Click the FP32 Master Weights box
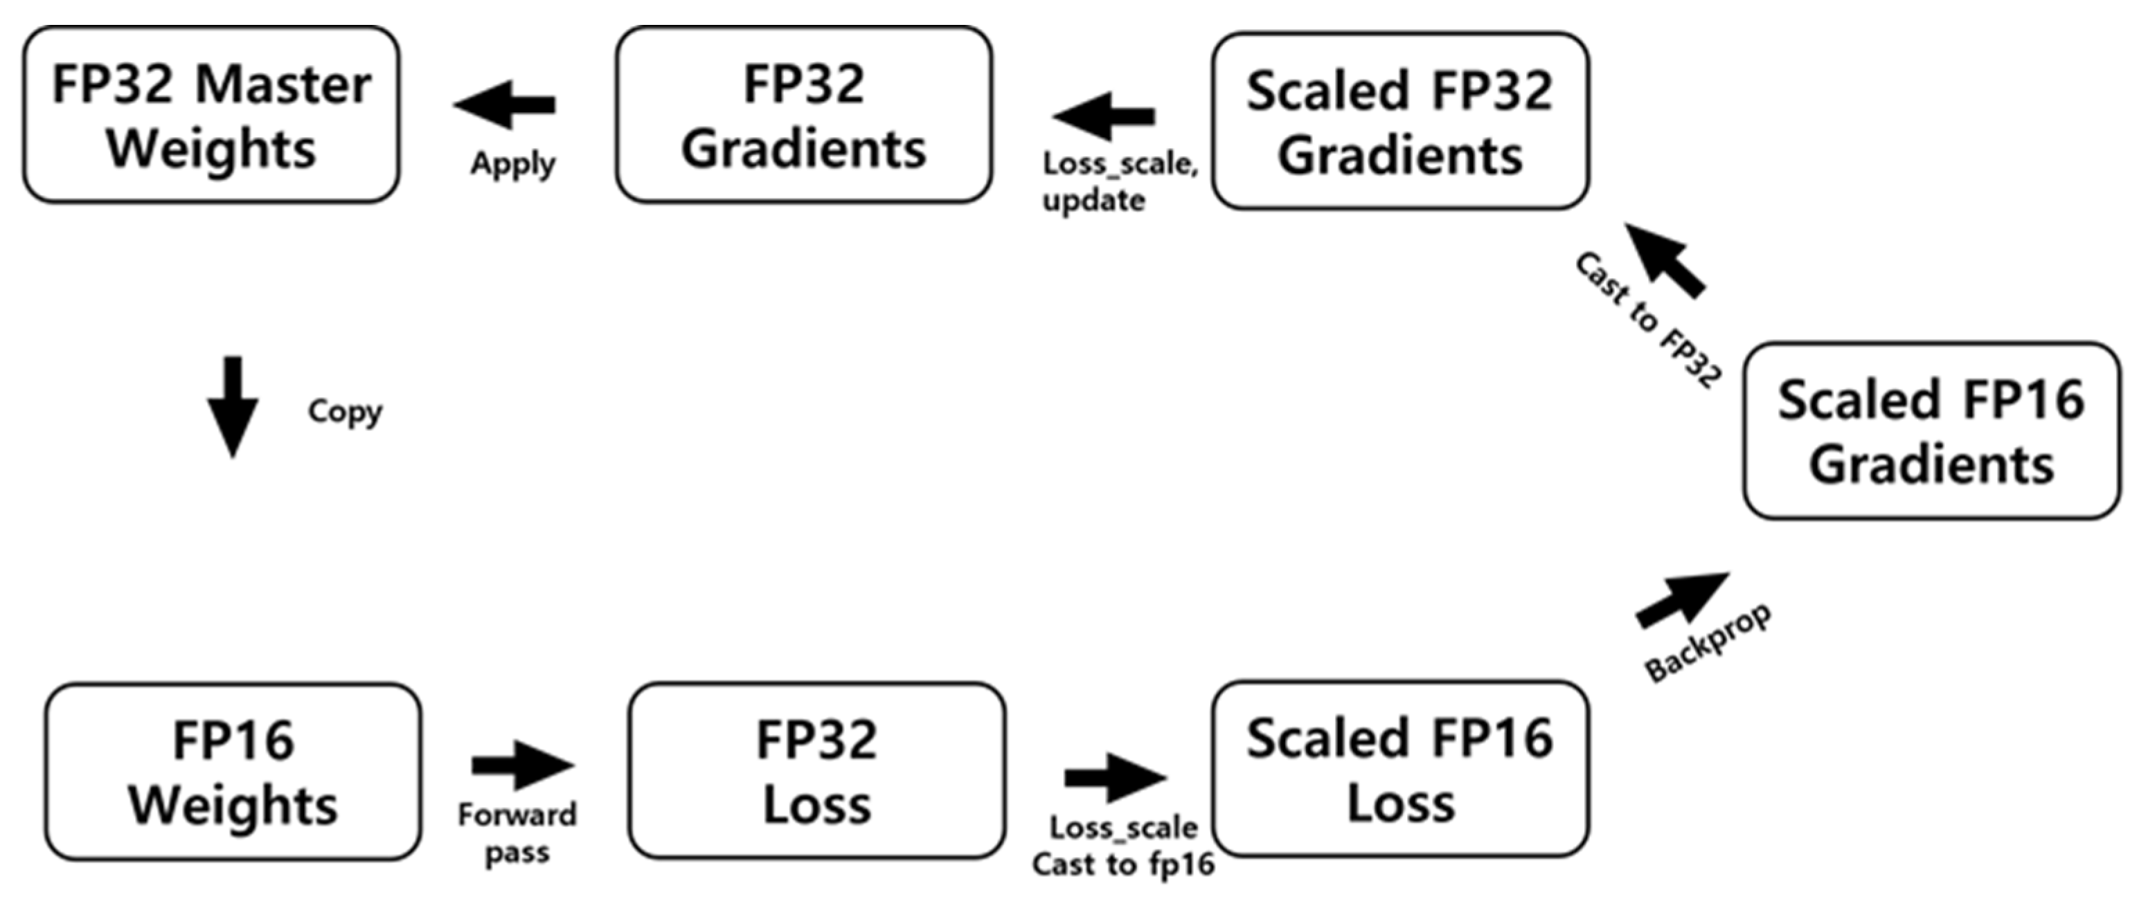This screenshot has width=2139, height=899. (211, 115)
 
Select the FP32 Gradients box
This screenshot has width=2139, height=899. (804, 115)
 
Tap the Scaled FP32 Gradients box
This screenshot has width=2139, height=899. (1400, 121)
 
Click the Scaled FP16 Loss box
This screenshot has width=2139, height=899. (1400, 769)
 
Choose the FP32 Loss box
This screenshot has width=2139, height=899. (817, 770)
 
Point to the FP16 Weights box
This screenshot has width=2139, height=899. (233, 771)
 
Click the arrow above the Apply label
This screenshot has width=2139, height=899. (505, 105)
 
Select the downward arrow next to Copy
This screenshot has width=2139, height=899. (233, 407)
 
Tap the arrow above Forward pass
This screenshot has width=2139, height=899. (523, 765)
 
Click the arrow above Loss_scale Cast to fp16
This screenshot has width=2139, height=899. (1115, 777)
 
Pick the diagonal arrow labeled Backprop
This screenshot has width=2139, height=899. (1682, 599)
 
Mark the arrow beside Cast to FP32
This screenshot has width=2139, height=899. (1665, 260)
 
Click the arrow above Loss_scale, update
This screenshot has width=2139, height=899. (1104, 116)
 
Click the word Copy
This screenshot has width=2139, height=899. (345, 412)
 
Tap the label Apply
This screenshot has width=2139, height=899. (513, 164)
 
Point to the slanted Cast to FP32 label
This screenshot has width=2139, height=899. (1648, 320)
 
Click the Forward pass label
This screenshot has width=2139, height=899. (517, 833)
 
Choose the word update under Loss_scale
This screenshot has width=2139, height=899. (1094, 200)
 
